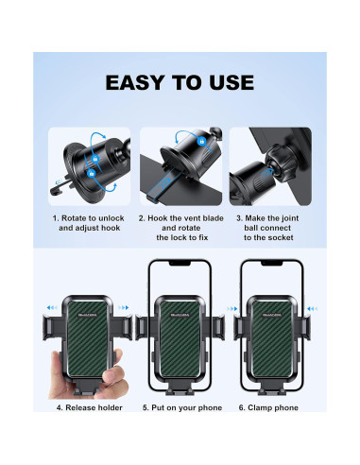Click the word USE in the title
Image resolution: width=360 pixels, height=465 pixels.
point(230,83)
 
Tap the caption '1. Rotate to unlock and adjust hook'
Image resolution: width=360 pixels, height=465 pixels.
point(88,223)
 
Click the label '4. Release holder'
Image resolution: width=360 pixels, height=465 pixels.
point(88,407)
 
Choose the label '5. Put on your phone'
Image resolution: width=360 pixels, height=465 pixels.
point(180,407)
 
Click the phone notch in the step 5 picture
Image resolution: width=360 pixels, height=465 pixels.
point(180,262)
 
